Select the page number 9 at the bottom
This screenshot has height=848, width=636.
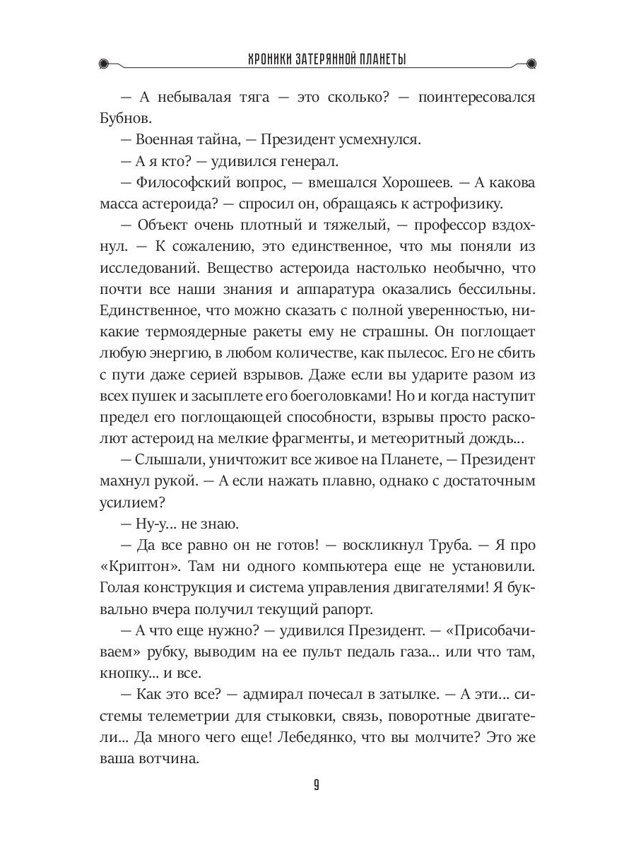coord(317,786)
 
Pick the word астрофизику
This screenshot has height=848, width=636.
coord(462,205)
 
